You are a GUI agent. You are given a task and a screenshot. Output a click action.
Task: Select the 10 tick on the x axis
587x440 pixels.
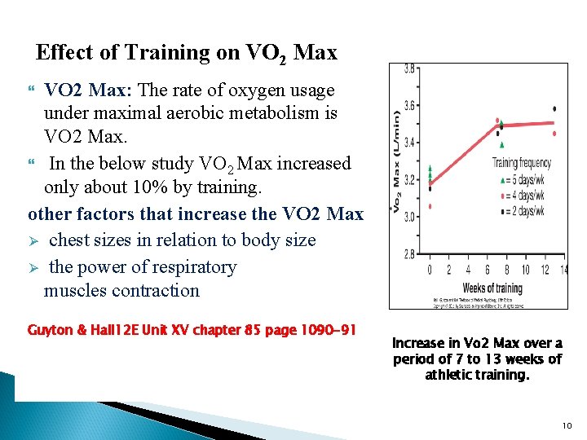(x=525, y=270)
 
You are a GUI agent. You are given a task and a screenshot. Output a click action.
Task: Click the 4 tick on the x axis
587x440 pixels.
(x=468, y=270)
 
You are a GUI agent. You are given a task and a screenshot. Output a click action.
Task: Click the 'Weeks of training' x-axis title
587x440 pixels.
(x=492, y=288)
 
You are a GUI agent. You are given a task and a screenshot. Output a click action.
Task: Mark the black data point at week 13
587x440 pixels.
(x=554, y=108)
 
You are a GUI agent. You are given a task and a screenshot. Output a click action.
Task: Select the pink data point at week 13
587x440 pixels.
(x=554, y=133)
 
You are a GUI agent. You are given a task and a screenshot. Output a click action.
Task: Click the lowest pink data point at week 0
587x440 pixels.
(x=430, y=206)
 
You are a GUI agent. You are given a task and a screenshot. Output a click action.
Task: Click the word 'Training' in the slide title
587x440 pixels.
(x=166, y=53)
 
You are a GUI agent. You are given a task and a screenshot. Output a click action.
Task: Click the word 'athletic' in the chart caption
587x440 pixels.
(x=452, y=375)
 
